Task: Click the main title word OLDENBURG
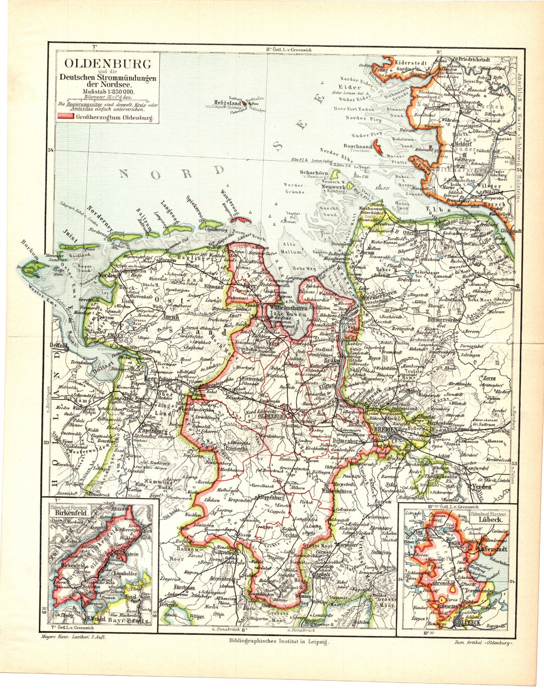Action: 107,64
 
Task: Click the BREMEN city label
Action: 386,429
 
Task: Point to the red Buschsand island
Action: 378,148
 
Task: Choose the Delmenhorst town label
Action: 345,440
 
